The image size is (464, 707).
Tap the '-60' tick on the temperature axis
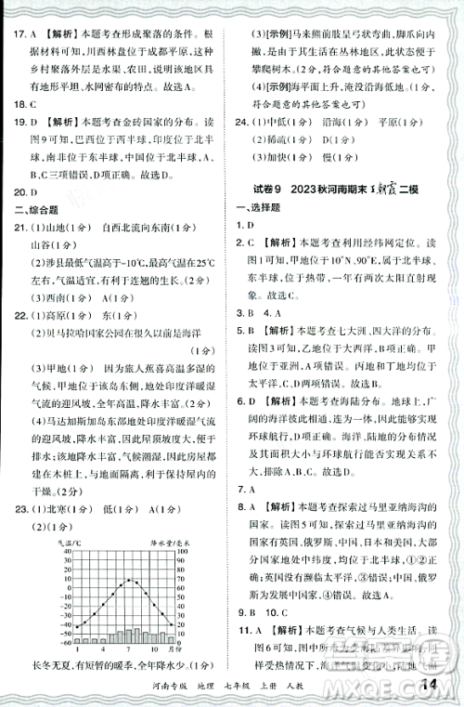62,641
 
